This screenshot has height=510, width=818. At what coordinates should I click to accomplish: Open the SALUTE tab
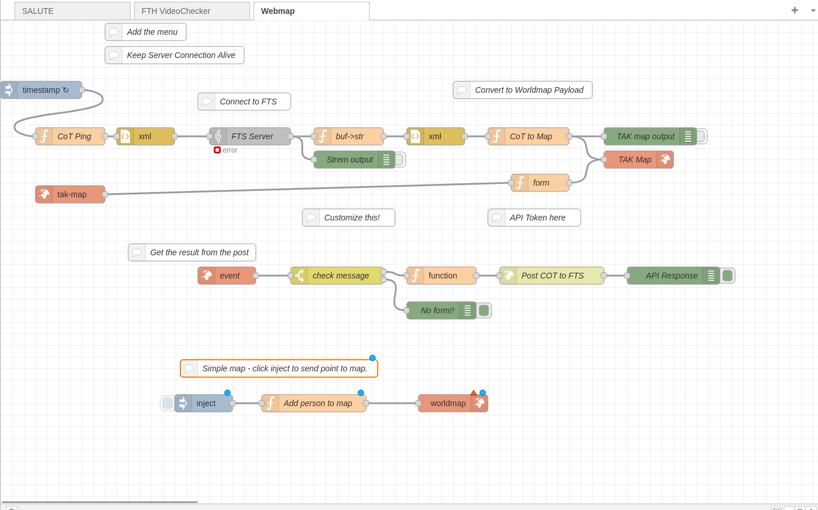(72, 11)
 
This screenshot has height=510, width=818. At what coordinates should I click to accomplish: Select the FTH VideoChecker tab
(191, 11)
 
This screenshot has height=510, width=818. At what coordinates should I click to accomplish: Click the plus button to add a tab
(794, 10)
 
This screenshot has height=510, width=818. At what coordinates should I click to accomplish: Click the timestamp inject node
(45, 90)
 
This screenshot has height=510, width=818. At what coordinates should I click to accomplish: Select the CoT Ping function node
(74, 136)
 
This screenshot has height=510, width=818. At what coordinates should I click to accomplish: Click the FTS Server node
(252, 136)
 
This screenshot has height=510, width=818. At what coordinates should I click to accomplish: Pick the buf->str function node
(349, 136)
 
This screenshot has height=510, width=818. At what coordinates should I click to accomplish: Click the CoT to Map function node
(531, 136)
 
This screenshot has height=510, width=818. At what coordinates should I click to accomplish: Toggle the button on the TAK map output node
(701, 136)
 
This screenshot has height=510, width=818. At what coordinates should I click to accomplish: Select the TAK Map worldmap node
(635, 160)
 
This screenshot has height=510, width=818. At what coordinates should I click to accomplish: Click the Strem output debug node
(349, 160)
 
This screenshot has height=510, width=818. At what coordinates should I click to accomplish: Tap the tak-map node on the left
(71, 194)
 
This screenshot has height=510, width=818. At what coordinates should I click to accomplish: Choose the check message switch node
(341, 276)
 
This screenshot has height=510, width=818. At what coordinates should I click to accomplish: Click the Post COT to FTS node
(552, 276)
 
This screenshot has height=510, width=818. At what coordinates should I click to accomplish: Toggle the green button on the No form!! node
(484, 310)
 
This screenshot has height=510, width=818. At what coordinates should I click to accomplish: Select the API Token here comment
(537, 218)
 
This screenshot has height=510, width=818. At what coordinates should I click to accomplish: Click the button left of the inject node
(167, 403)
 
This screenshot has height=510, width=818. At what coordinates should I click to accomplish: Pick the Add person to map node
(317, 403)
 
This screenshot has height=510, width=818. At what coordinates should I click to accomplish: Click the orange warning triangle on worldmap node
(473, 393)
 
